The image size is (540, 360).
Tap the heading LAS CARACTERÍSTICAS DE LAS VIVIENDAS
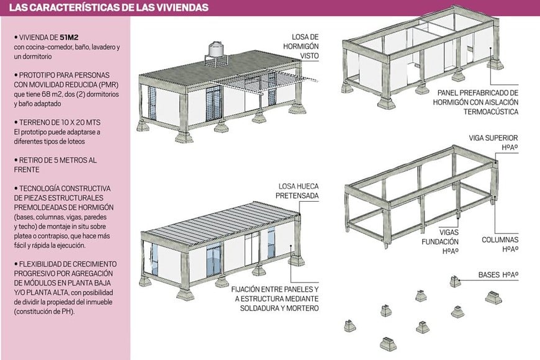106,8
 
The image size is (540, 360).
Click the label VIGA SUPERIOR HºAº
494,142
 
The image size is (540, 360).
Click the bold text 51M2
60,37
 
